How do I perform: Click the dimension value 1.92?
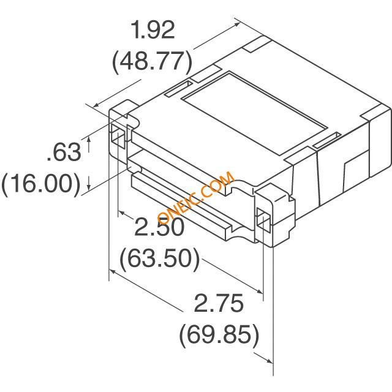tap(153, 30)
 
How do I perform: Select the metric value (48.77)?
tap(153, 61)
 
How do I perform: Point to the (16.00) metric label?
tap(41, 184)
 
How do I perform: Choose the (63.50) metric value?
tap(160, 258)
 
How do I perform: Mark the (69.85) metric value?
tap(219, 334)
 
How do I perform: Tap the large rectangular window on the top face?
tap(255, 113)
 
